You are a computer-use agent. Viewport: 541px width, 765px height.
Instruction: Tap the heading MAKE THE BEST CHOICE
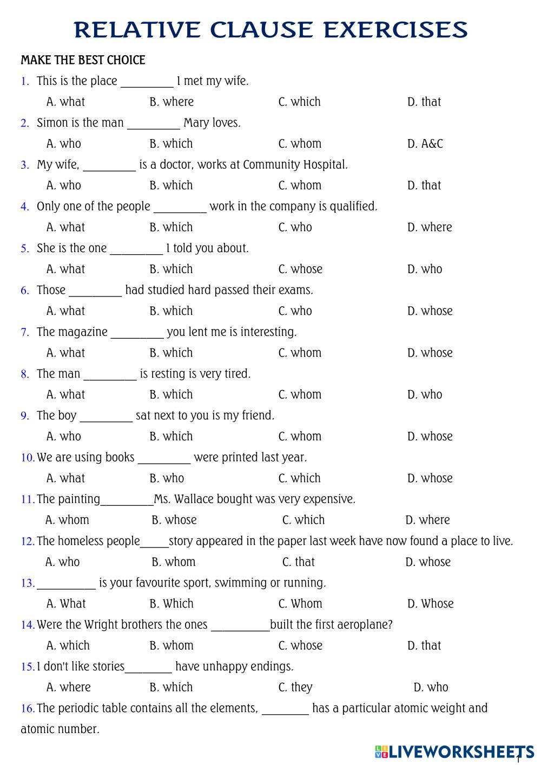pos(83,60)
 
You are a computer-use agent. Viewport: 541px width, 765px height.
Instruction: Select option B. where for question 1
pos(171,102)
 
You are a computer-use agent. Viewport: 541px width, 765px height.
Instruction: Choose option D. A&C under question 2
pos(425,144)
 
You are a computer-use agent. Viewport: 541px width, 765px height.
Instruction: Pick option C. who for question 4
pos(295,227)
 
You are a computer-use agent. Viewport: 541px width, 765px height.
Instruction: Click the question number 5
pos(25,249)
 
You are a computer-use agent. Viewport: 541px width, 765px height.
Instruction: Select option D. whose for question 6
pos(430,311)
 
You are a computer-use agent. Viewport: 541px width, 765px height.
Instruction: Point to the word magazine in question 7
pos(83,332)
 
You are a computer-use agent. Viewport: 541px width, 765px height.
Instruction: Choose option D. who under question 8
pos(425,395)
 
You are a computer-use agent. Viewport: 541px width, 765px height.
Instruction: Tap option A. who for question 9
pos(64,437)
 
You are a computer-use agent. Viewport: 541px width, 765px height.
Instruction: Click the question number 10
pos(28,458)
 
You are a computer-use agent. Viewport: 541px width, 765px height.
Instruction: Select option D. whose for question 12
pos(428,562)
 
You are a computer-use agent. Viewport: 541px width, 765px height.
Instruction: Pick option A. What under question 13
pos(66,604)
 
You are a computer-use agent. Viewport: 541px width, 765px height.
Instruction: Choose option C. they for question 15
pos(295,688)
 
